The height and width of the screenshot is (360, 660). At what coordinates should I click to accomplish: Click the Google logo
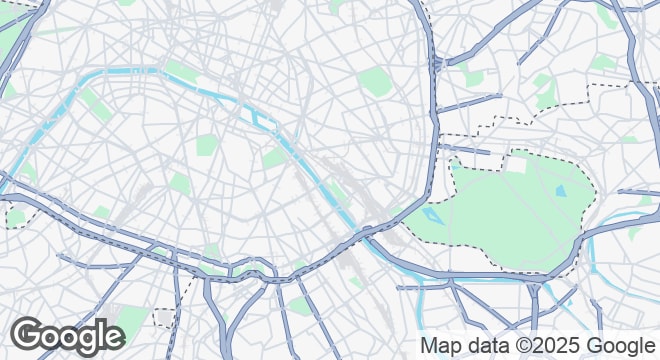[68, 337]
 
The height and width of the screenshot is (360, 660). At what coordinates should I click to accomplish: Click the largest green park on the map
[510, 215]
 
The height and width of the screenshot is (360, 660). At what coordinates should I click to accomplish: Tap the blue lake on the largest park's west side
[432, 214]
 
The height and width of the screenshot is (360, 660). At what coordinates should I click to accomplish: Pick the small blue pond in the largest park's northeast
[560, 189]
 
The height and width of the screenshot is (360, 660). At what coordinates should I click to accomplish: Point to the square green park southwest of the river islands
[205, 145]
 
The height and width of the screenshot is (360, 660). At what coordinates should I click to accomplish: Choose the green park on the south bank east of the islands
[274, 158]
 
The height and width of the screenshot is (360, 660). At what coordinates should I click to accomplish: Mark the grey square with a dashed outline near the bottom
[164, 319]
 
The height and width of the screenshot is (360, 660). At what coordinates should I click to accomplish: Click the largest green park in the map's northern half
[374, 82]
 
